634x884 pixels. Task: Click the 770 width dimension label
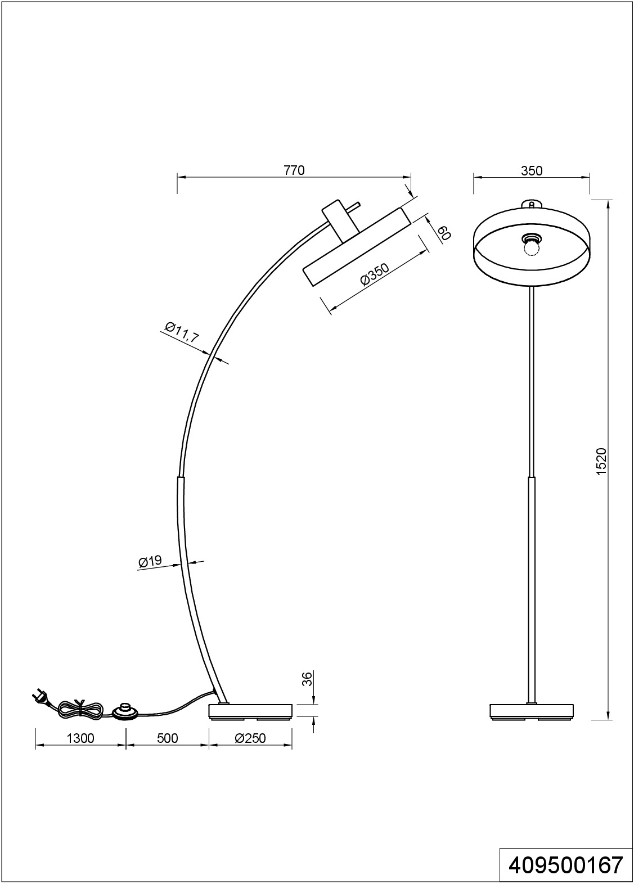coord(294,170)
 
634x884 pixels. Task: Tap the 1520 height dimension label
coord(601,462)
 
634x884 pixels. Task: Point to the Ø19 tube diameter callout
coord(150,561)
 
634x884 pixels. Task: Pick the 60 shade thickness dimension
coord(444,233)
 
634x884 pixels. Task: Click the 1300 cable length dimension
coord(80,738)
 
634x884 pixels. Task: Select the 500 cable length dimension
coord(167,738)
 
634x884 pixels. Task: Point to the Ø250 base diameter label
coord(250,738)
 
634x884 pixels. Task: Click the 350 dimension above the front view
coord(532,170)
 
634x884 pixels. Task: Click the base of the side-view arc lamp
coord(250,711)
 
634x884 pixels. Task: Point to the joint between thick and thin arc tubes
coord(181,478)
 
